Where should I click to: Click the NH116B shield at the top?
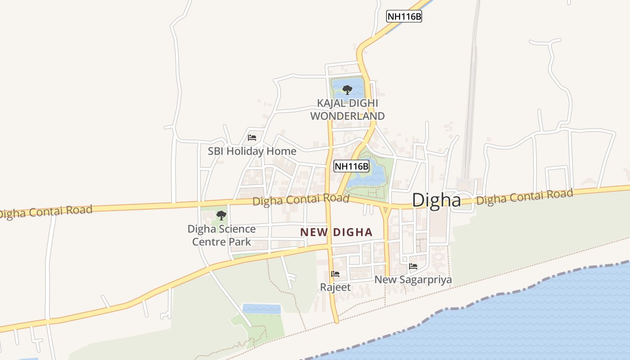pos(404,17)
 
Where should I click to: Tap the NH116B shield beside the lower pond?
pos(351,166)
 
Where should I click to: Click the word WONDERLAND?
pos(347,116)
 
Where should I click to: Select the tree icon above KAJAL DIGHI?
pos(347,90)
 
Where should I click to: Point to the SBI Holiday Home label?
pos(252,151)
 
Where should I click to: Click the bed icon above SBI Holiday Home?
pos(252,137)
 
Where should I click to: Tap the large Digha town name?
pos(436,200)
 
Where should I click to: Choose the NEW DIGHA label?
pos(337,232)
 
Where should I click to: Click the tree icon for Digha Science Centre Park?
pos(221,216)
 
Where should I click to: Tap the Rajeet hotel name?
pos(335,287)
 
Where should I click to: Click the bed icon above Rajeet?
pos(335,274)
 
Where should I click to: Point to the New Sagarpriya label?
pos(413,279)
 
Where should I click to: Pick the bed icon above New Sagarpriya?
pos(413,266)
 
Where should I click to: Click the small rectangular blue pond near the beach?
pos(261,309)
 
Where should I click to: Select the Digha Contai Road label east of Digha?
pos(524,197)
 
